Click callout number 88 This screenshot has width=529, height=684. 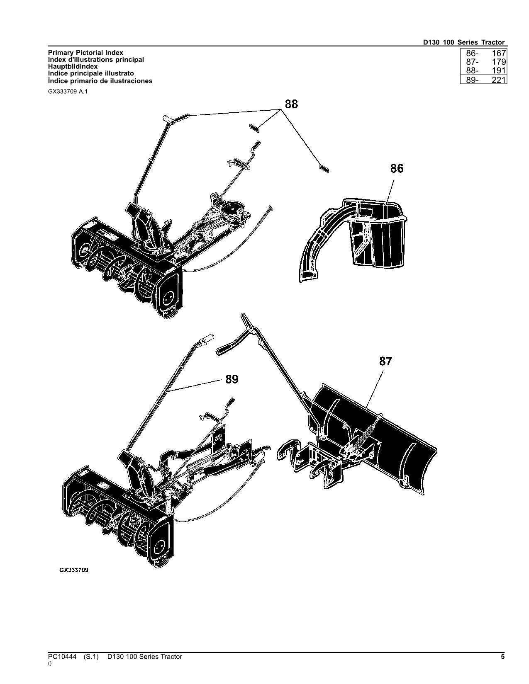click(x=291, y=104)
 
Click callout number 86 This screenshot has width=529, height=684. click(x=397, y=168)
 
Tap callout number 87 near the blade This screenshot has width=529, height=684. click(x=385, y=361)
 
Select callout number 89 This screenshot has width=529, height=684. click(x=232, y=379)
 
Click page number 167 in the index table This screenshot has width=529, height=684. click(x=498, y=53)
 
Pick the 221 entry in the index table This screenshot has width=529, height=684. click(x=498, y=80)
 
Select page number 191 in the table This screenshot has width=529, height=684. click(x=498, y=71)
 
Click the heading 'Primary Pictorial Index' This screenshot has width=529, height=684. click(x=85, y=53)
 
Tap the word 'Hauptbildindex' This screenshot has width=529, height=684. click(x=73, y=66)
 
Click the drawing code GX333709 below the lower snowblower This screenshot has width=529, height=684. click(x=74, y=570)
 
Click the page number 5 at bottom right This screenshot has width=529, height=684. click(x=502, y=657)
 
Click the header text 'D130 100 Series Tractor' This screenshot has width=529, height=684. click(x=463, y=42)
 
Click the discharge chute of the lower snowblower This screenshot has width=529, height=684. click(x=137, y=473)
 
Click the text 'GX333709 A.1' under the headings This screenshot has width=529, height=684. click(x=67, y=92)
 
